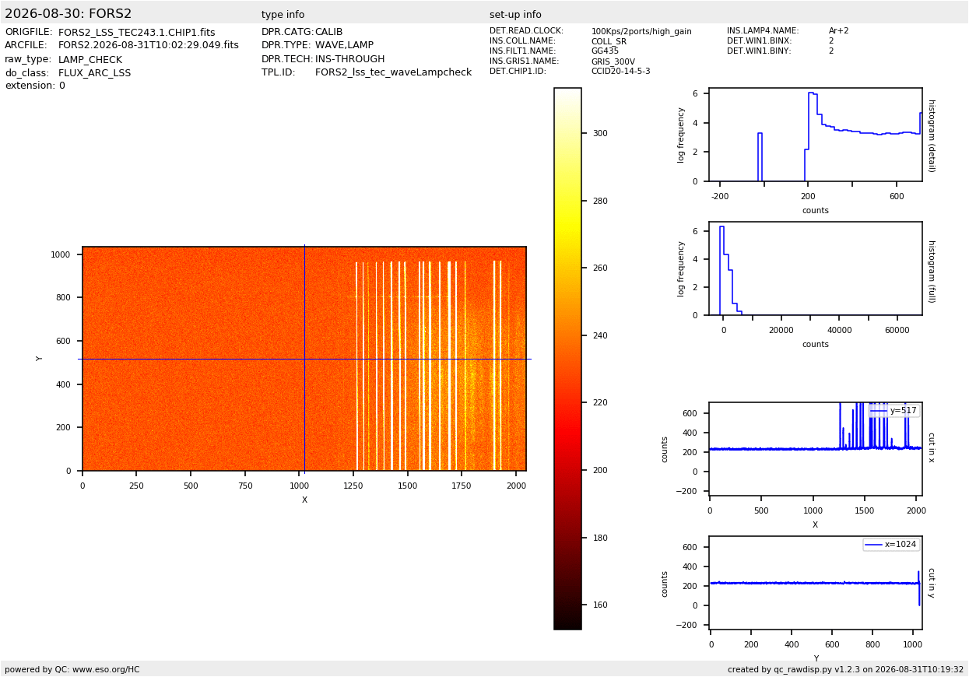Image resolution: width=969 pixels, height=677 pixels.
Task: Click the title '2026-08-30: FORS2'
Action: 68,13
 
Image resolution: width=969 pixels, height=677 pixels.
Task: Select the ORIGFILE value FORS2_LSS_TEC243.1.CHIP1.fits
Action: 137,33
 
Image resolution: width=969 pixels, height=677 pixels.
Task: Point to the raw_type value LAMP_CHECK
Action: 90,59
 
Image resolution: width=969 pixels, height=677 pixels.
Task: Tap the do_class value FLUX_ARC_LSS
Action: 94,72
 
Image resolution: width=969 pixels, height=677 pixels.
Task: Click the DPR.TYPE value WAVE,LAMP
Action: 344,45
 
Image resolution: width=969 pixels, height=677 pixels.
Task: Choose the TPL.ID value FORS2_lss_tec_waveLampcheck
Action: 393,72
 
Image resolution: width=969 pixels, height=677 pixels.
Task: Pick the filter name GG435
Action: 605,51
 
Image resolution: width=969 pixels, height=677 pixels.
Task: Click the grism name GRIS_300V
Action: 613,61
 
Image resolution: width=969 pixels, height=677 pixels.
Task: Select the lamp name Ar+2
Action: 838,30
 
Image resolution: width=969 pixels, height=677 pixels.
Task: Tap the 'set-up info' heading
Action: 515,14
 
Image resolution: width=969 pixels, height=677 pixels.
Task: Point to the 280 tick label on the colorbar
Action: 600,201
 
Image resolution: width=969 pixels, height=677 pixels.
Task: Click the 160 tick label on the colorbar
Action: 600,605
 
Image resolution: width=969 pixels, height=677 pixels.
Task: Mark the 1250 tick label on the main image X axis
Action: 353,486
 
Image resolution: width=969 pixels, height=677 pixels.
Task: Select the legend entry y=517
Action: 904,410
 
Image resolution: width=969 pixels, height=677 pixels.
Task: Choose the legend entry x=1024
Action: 901,544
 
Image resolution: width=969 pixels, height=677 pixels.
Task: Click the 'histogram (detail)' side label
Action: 932,136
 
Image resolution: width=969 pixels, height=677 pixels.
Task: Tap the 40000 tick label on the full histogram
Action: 839,330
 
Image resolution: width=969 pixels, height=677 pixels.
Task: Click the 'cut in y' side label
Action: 932,583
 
